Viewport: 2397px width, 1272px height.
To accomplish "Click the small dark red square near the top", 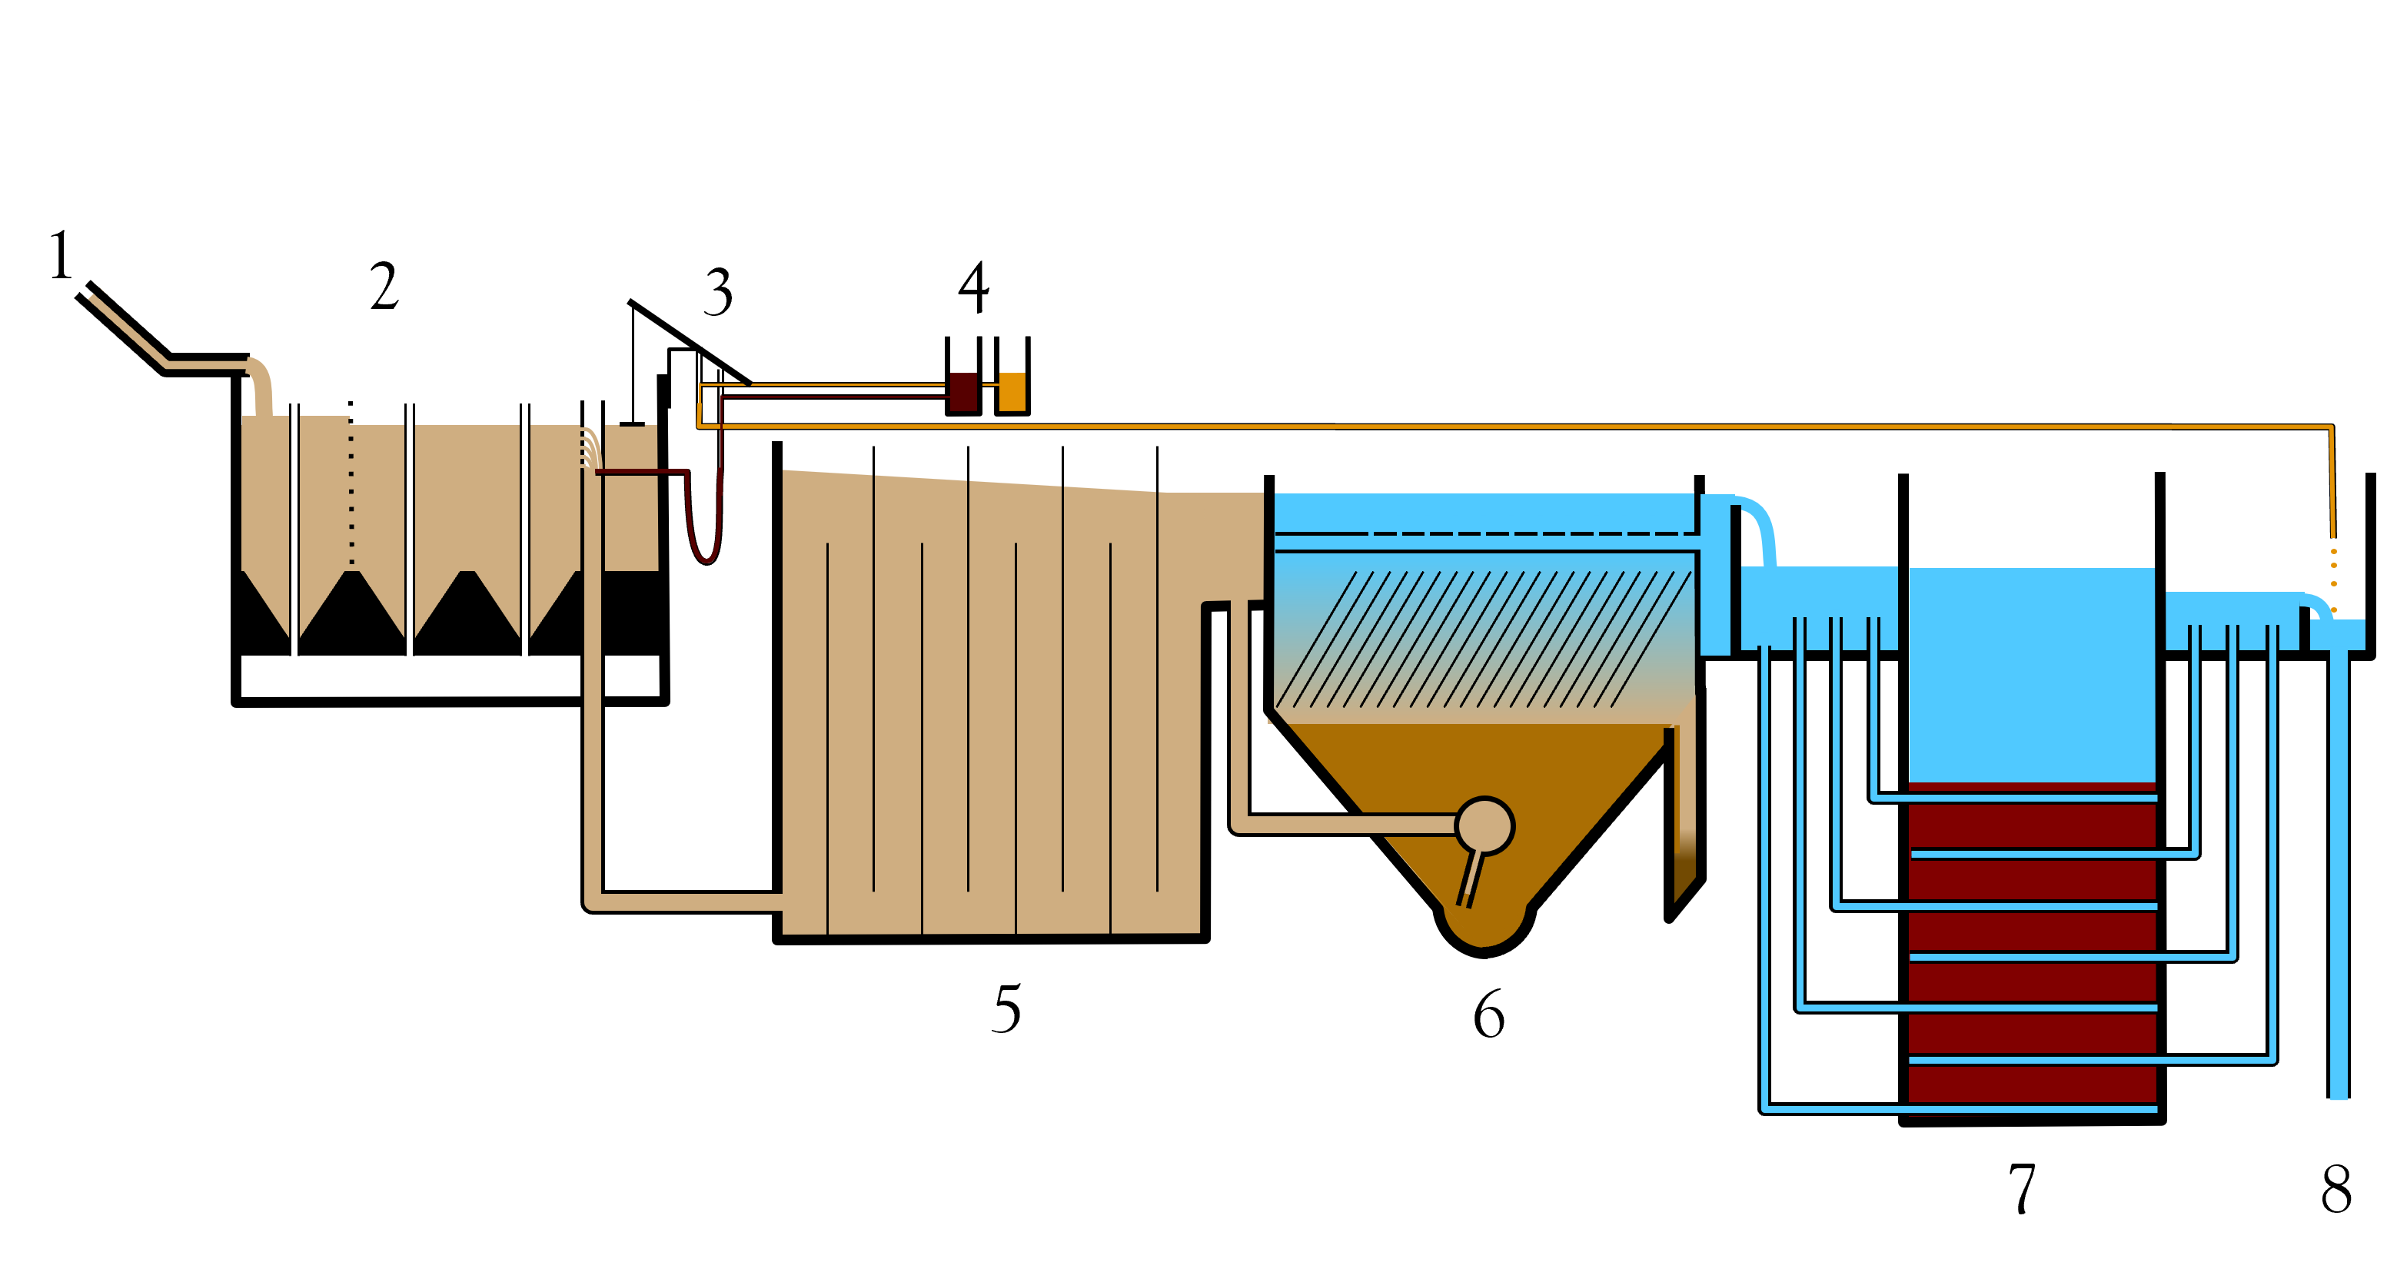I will [963, 392].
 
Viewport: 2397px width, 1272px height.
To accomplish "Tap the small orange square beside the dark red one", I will [1012, 392].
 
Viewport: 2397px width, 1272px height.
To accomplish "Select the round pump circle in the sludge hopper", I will [1484, 825].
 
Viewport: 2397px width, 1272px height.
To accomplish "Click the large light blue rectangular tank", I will [2031, 675].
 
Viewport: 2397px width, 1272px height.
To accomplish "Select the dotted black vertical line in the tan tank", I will [351, 493].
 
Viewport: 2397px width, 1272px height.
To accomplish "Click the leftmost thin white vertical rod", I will [294, 540].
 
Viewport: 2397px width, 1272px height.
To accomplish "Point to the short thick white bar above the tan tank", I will [593, 414].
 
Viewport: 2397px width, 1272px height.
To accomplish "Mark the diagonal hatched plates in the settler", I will [1484, 639].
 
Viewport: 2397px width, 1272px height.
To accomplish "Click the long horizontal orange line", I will [1489, 426].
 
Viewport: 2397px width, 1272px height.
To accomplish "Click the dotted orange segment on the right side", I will [2334, 568].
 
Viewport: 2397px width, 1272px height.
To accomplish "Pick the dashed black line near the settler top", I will [1526, 534].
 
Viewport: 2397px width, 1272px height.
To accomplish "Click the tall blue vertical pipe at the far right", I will [2339, 875].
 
